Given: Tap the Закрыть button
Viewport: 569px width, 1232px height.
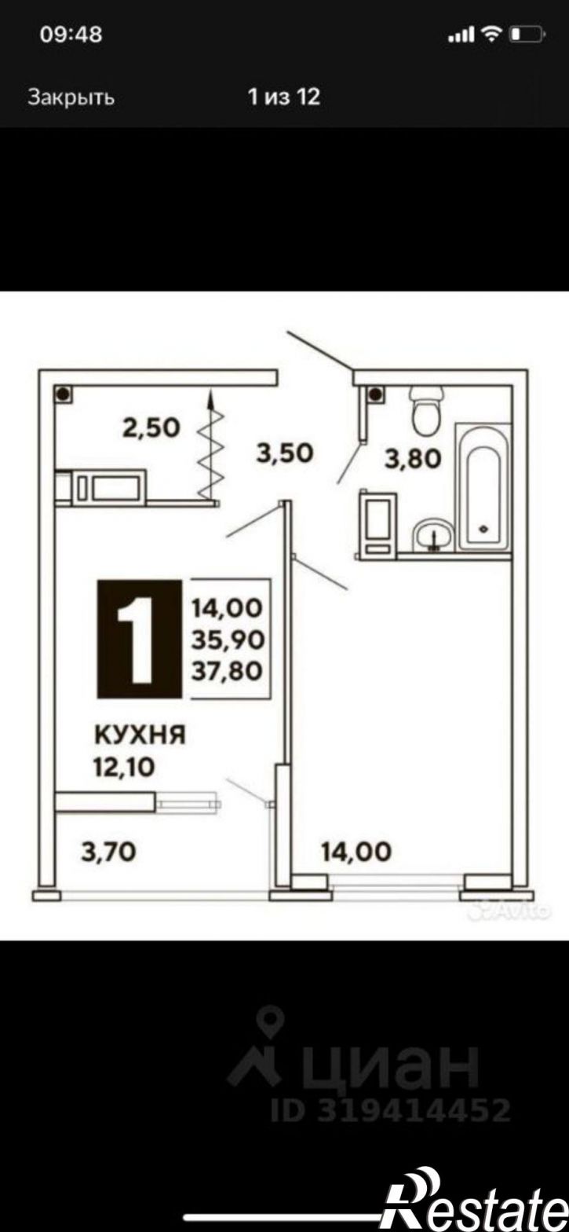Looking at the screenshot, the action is (71, 97).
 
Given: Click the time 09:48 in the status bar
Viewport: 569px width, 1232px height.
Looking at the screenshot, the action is (71, 35).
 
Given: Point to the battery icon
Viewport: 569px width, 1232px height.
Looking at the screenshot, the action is (527, 35).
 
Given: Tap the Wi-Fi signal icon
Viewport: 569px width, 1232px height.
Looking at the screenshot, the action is (491, 35).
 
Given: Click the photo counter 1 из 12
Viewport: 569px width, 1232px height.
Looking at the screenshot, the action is (284, 97).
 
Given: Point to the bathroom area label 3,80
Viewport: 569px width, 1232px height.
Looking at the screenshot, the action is (413, 458).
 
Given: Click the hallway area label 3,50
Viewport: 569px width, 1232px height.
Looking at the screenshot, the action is (284, 453).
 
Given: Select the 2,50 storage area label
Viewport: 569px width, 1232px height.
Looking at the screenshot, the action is (151, 428).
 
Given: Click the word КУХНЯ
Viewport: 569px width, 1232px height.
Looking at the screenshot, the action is (140, 735).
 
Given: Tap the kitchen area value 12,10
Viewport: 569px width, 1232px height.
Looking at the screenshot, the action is (124, 767).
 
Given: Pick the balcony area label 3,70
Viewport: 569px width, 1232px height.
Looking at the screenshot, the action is (108, 852).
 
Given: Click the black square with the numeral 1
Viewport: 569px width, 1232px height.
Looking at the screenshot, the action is (140, 639).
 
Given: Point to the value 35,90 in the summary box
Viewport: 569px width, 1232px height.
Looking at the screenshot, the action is (228, 639).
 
